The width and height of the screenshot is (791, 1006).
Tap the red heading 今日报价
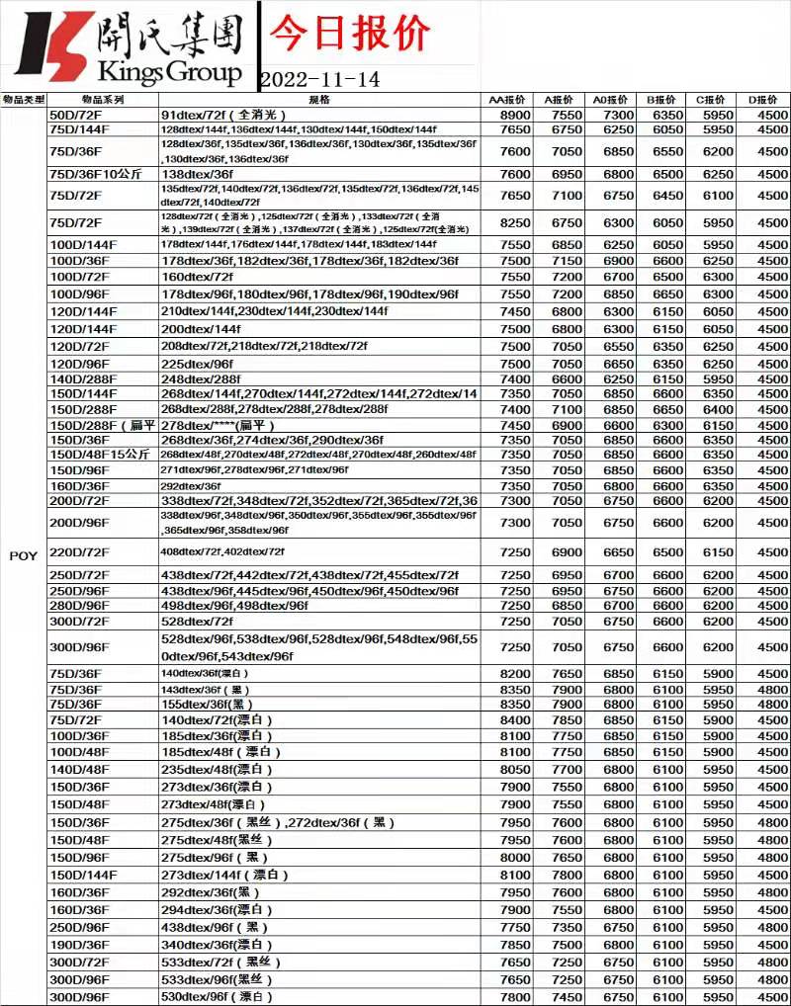tap(350, 33)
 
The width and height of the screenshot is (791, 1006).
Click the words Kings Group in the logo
tap(169, 72)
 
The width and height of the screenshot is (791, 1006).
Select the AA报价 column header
tap(507, 100)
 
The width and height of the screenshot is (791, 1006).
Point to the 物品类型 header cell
tap(24, 100)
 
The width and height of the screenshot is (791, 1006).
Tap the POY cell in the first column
tap(24, 556)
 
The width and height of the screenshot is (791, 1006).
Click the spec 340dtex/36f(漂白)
tap(217, 945)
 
